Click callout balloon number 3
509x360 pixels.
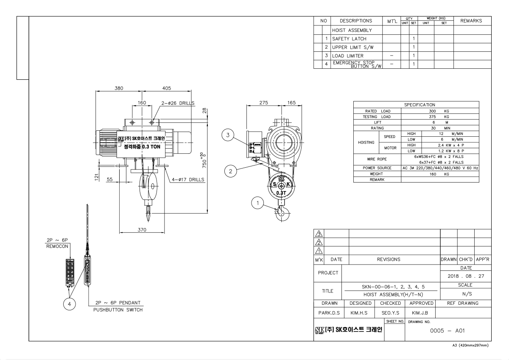pyautogui.click(x=228, y=135)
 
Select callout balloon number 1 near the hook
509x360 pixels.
pyautogui.click(x=257, y=203)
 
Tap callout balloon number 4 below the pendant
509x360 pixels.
pyautogui.click(x=70, y=304)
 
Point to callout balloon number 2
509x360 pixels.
pyautogui.click(x=231, y=171)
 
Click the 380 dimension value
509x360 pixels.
pyautogui.click(x=119, y=88)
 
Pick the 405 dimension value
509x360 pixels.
pyautogui.click(x=167, y=88)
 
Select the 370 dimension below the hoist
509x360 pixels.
pyautogui.click(x=142, y=230)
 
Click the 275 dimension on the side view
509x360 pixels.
pyautogui.click(x=263, y=103)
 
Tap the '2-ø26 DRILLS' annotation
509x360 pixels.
pyautogui.click(x=178, y=103)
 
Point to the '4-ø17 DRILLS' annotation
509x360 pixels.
pyautogui.click(x=188, y=180)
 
